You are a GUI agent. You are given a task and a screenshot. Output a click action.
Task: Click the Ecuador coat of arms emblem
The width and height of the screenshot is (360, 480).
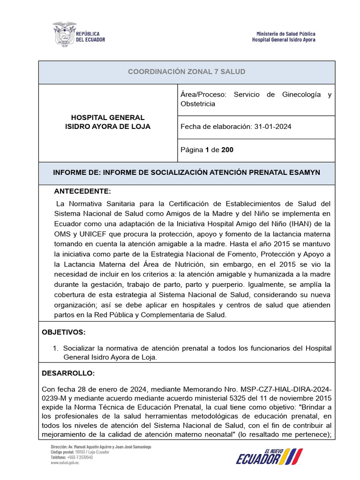[64, 33]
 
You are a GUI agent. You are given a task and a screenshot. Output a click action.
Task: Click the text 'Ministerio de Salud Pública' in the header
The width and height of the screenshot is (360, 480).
[285, 34]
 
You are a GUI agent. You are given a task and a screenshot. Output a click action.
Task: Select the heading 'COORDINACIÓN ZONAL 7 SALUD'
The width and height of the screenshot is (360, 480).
[187, 72]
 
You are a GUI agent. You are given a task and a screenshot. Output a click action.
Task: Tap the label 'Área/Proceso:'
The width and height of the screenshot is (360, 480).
[203, 95]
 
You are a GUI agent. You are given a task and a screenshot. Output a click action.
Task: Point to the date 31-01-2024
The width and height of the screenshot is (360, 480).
[272, 127]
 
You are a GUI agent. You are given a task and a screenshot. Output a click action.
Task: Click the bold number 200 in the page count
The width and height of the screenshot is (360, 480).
[227, 150]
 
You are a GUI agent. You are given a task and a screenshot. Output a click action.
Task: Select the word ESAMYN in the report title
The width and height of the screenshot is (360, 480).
[303, 172]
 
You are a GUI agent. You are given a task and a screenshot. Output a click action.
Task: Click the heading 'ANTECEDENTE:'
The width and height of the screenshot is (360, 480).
[82, 192]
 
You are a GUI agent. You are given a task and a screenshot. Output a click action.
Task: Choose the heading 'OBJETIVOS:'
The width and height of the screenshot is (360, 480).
[64, 332]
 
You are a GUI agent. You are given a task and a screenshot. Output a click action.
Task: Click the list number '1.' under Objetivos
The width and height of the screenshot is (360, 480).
[55, 348]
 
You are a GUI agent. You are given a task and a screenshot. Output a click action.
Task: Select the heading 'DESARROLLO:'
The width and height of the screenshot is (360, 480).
[68, 374]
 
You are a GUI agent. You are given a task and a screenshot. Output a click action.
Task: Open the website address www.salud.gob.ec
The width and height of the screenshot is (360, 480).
[65, 462]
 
